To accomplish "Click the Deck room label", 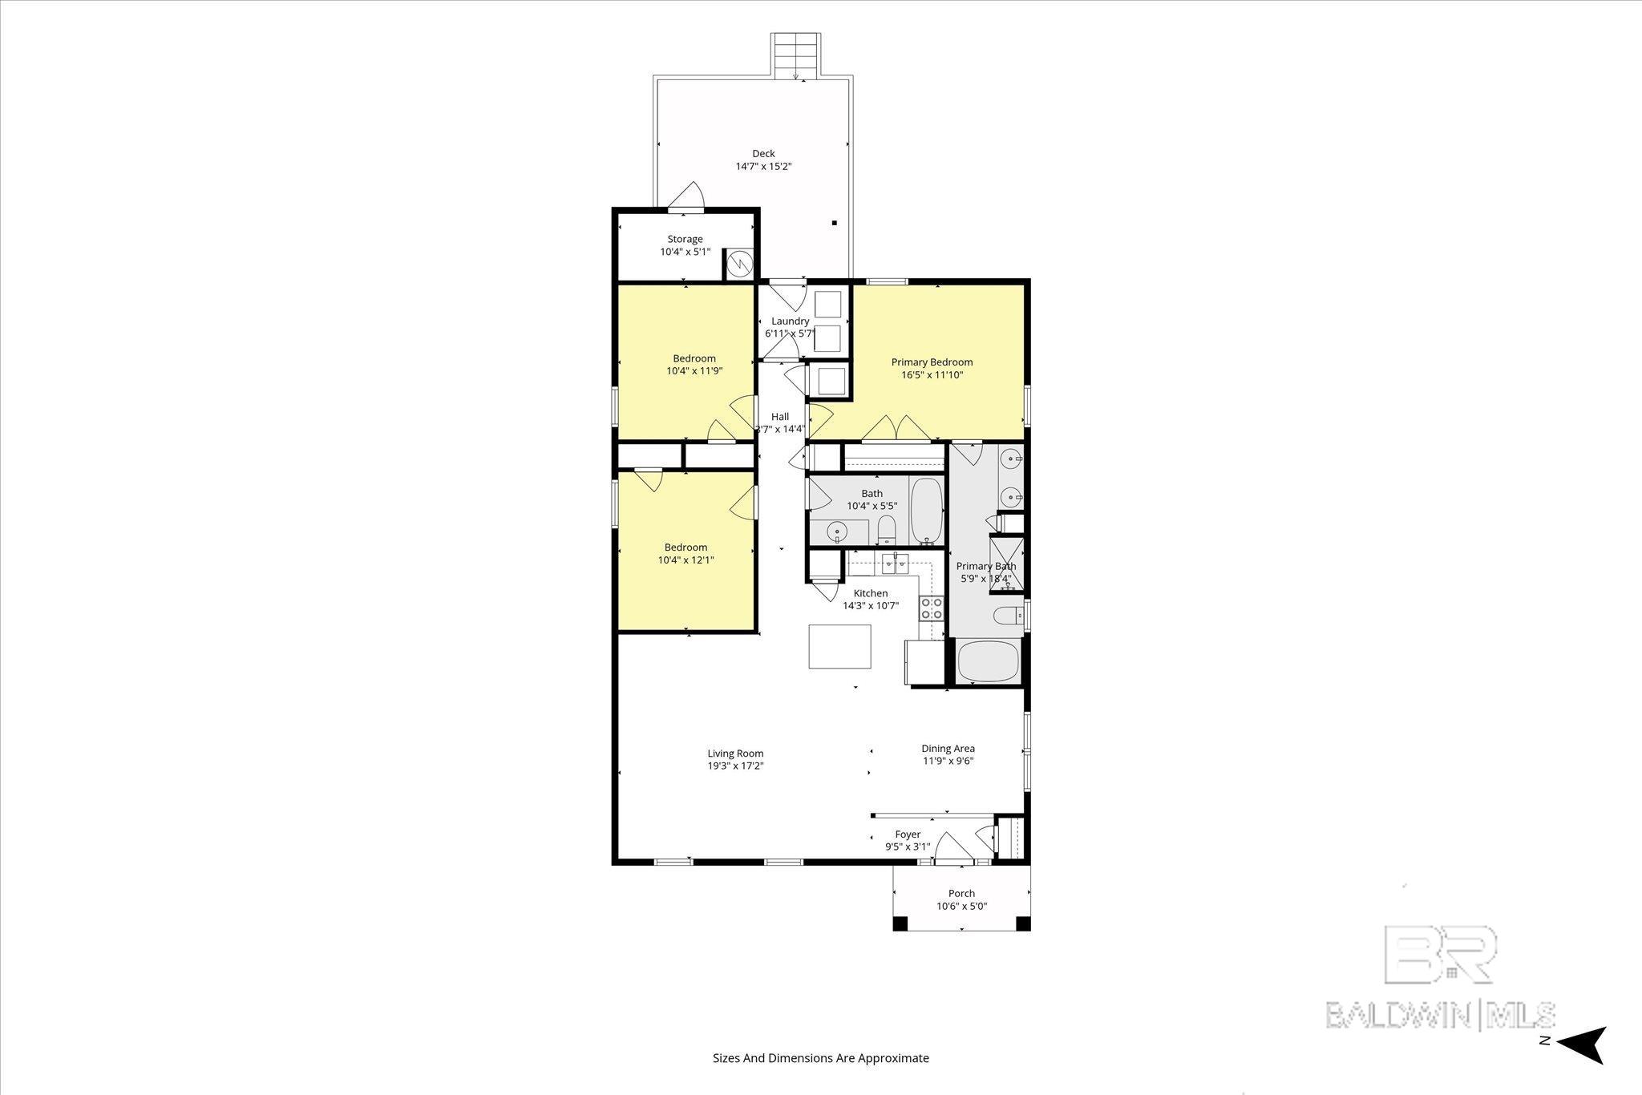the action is click(763, 154).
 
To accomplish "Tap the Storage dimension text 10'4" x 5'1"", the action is click(685, 252).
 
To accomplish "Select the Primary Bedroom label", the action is click(932, 362).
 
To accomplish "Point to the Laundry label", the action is click(790, 321).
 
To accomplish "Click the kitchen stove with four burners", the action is click(931, 608).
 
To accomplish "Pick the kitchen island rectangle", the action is click(839, 646).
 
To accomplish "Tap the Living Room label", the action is click(735, 754).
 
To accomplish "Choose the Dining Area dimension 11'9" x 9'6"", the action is click(948, 762).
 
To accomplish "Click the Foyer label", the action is click(908, 834).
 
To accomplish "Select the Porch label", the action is click(961, 894).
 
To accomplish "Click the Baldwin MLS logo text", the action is click(1440, 1015).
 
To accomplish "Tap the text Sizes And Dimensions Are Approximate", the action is click(821, 1058).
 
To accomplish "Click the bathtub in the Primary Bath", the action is click(988, 661).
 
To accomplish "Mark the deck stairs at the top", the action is click(795, 56).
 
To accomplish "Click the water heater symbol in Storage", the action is click(739, 264).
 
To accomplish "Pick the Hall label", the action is click(779, 417).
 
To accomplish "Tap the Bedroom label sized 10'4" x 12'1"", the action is click(686, 547).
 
